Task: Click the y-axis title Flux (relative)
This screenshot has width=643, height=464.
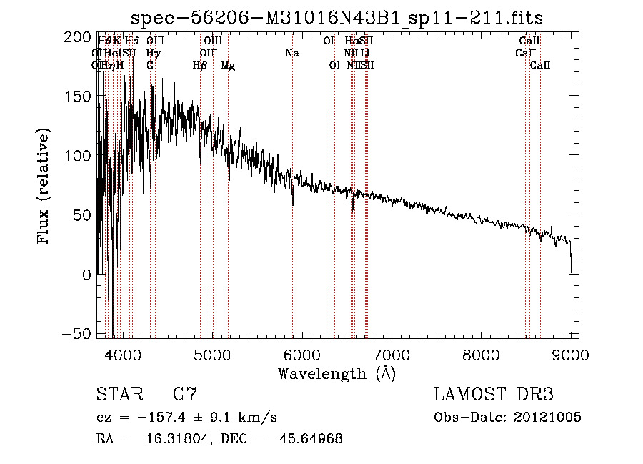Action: click(x=44, y=188)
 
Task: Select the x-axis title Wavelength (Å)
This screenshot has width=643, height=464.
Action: click(x=337, y=373)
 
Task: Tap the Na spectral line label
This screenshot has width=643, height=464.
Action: click(x=291, y=53)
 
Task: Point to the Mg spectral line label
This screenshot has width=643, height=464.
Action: click(x=228, y=66)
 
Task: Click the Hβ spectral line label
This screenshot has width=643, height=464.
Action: click(x=200, y=66)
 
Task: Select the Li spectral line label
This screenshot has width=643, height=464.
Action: click(x=365, y=53)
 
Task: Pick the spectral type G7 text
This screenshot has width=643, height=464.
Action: click(x=186, y=395)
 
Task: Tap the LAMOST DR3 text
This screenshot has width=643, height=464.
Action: click(x=494, y=395)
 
